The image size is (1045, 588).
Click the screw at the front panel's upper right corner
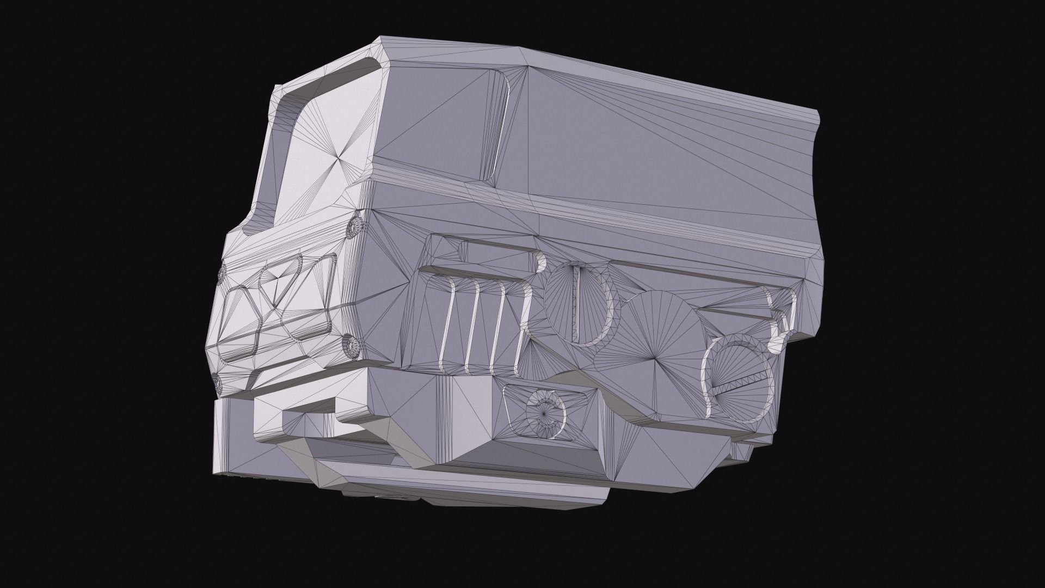click(x=355, y=225)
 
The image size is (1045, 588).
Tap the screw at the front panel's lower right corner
click(x=351, y=345)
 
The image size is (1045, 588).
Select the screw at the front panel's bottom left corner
click(x=219, y=383)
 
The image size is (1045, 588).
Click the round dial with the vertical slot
click(x=580, y=305)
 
